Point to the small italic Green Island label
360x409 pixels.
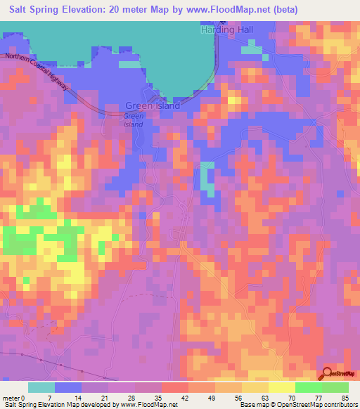tap(133, 120)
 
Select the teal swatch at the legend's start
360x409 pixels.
tap(41, 387)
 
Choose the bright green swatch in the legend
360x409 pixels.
tap(309, 387)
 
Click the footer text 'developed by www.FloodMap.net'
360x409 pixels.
tap(134, 405)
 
